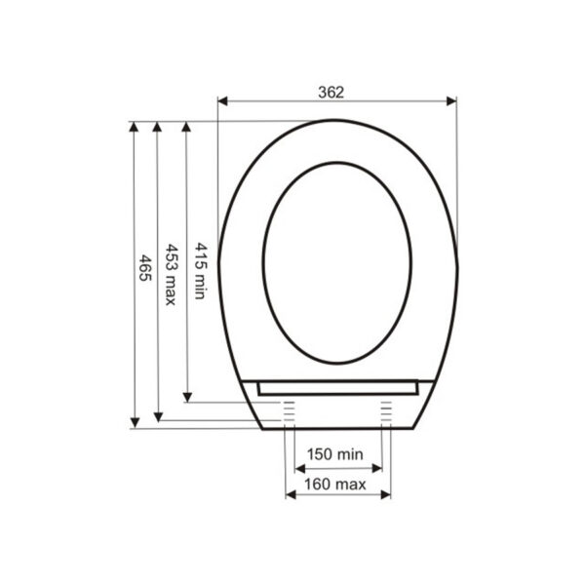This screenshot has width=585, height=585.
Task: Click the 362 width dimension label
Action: (x=331, y=93)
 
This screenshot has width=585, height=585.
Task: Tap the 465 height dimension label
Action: (x=144, y=268)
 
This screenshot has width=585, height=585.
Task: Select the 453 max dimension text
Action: (x=171, y=275)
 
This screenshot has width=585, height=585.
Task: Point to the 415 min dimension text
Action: (x=201, y=271)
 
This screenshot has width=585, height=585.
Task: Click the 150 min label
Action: (x=334, y=454)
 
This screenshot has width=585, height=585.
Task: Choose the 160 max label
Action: (x=335, y=485)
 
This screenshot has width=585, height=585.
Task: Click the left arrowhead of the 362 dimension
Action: (x=222, y=101)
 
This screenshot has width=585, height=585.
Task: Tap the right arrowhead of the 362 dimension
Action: (x=451, y=101)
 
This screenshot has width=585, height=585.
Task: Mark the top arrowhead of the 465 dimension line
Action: (x=134, y=127)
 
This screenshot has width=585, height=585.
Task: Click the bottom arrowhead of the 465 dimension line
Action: (x=135, y=423)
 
